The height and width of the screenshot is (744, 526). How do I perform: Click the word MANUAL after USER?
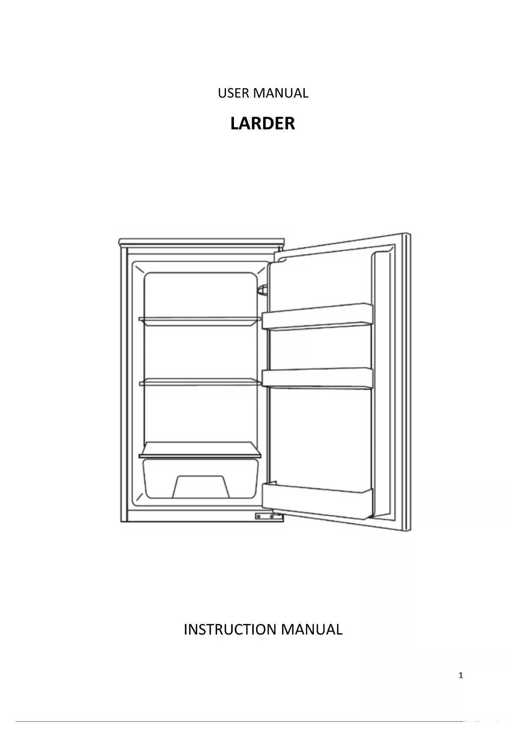(x=281, y=93)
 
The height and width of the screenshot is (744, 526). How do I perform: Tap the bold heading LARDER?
(x=262, y=123)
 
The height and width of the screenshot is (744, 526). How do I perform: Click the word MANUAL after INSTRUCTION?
(x=311, y=629)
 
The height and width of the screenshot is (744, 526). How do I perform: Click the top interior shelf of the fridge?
(x=200, y=321)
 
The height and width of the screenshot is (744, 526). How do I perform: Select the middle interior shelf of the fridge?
(x=200, y=382)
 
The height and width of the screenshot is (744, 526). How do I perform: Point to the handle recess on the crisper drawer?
(x=201, y=487)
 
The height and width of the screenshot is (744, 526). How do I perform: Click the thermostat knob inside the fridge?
(x=263, y=290)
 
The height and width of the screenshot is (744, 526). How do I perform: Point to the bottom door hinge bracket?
(x=268, y=516)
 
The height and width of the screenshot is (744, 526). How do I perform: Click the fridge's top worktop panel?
(x=201, y=242)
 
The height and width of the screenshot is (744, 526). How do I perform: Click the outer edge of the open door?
(x=407, y=382)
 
